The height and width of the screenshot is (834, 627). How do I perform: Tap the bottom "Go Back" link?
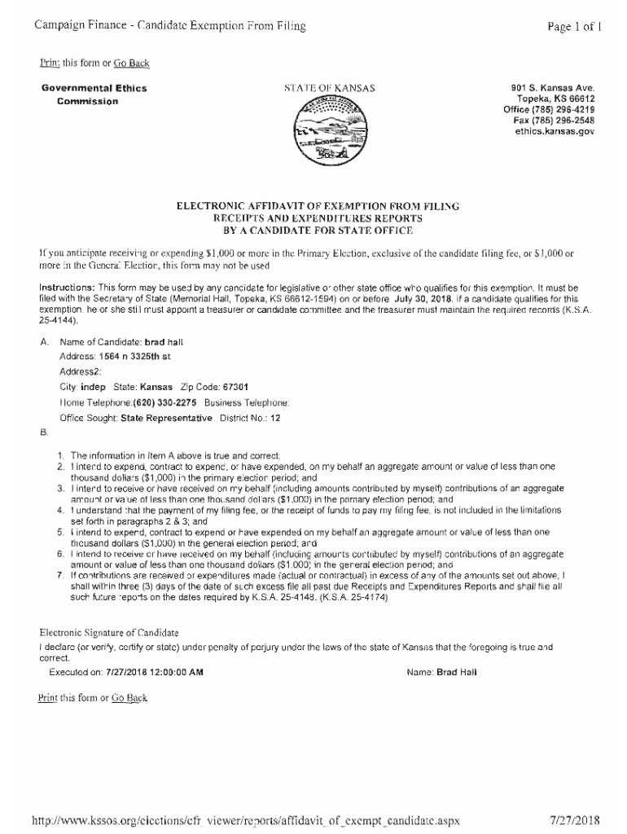click(x=129, y=698)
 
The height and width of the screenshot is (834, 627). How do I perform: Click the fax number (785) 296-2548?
click(x=567, y=120)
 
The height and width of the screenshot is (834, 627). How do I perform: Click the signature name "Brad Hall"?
click(x=457, y=673)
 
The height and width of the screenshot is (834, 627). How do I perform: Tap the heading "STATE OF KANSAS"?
click(x=330, y=88)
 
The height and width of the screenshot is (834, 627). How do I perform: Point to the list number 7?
click(x=61, y=575)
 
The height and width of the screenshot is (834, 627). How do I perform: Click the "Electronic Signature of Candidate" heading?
click(x=109, y=633)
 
